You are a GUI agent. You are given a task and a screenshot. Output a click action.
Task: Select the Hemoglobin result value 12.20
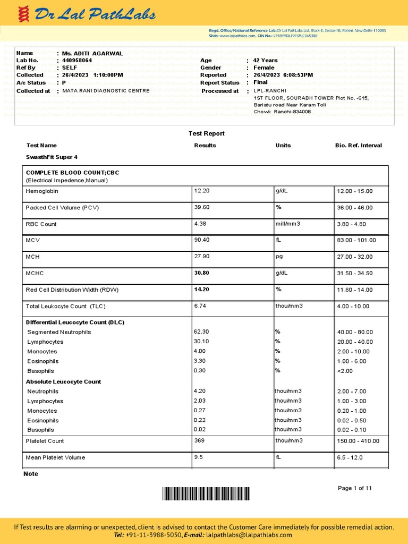coord(202,191)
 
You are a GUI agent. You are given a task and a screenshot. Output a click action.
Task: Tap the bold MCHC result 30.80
coord(202,273)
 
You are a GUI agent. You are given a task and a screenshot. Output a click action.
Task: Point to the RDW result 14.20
coord(202,290)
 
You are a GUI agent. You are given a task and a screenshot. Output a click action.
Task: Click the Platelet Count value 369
coord(199,440)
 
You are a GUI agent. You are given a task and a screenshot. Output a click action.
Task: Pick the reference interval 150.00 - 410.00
coord(358,441)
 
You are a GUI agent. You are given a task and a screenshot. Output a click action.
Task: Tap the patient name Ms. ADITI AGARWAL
coord(92,53)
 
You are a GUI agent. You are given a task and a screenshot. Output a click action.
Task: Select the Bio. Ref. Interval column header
coord(358,145)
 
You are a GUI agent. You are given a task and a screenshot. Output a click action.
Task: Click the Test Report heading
coord(207,133)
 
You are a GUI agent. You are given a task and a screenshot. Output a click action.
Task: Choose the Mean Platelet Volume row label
coord(55,457)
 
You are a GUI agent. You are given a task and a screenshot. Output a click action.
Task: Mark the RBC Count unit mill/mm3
coord(287,224)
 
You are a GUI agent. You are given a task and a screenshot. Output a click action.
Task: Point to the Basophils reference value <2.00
coord(345,371)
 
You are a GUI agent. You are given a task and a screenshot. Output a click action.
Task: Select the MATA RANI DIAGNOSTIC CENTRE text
coord(106,91)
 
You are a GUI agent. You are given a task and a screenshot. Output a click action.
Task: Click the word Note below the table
coord(31,473)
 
